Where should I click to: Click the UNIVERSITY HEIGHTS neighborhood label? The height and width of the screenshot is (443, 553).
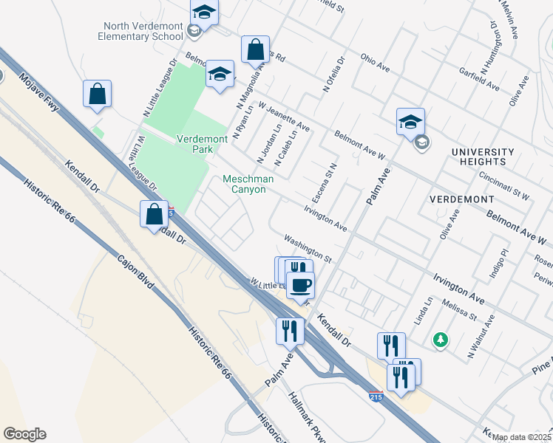482,156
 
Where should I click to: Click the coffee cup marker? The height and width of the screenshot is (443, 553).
300,285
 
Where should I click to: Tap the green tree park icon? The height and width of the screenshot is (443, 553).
441,339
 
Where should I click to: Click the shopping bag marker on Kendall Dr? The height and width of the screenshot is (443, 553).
155,214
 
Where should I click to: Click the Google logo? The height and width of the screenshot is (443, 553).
24,434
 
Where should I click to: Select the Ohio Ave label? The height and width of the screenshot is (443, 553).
375,61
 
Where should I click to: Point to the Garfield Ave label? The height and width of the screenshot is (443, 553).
479,81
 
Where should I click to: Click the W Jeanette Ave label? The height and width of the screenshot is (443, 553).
284,117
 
